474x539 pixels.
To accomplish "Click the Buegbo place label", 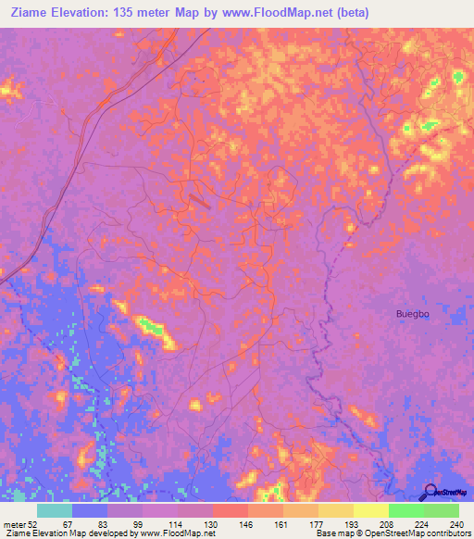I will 412,314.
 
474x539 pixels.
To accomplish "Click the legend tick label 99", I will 136,524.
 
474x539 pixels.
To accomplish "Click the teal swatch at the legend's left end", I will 55,510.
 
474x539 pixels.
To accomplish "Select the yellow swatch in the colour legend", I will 370,510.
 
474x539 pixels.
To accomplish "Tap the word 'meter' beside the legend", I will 13,524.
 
